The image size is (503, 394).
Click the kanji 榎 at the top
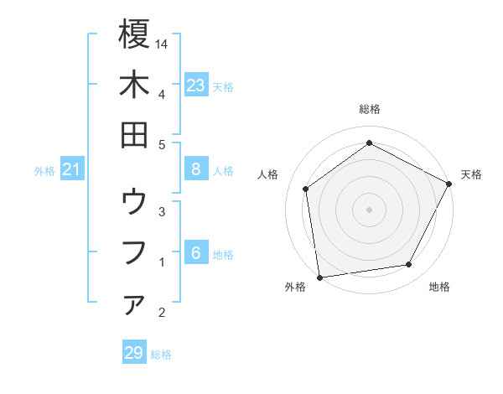pos(134,34)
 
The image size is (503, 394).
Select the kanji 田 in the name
pos(134,135)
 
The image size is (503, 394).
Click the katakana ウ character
pos(134,202)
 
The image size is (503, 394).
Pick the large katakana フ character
pos(134,252)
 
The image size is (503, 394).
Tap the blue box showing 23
pos(195,85)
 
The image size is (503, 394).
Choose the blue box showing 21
pos(71,170)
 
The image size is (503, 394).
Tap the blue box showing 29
pos(133,353)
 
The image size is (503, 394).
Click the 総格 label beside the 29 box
pos(161,355)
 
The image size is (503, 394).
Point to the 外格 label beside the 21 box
pos(44,171)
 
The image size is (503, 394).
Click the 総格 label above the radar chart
pos(369,109)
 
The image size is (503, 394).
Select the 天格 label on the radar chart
pos(471,174)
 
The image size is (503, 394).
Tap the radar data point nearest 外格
pos(319,276)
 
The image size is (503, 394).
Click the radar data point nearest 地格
pos(409,265)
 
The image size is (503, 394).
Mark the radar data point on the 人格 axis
pos(306,189)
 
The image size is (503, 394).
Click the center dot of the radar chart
pos(369,209)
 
